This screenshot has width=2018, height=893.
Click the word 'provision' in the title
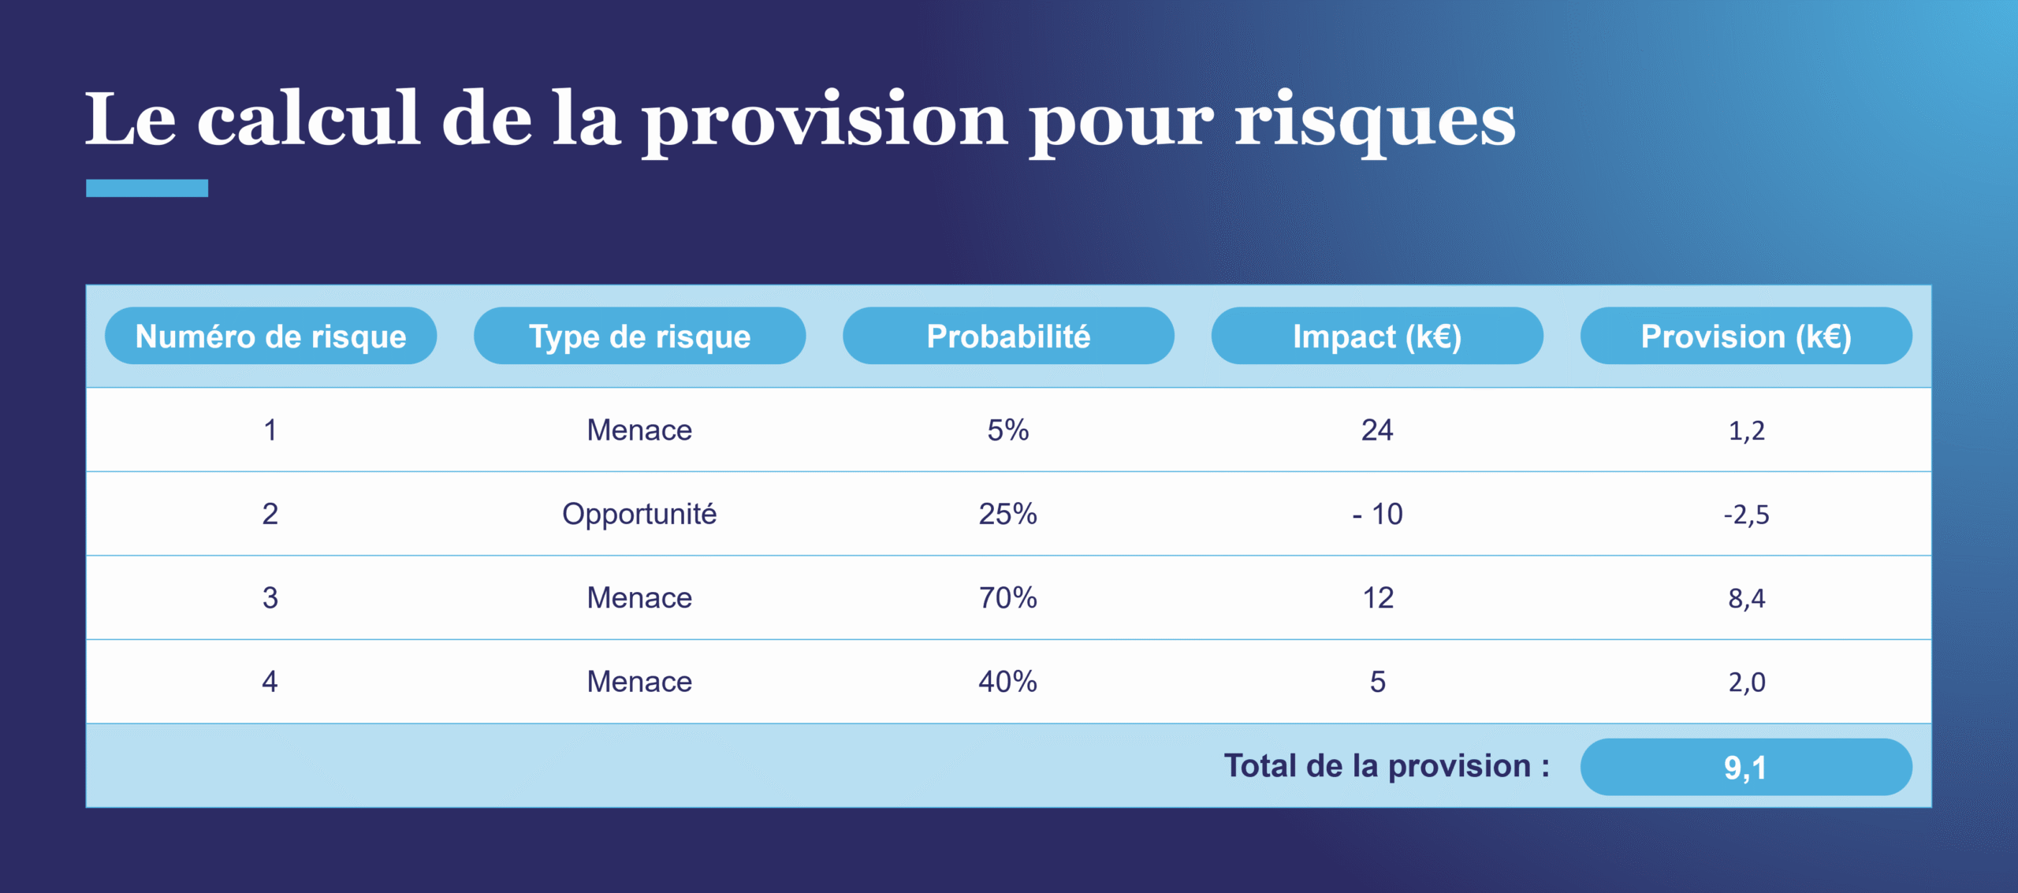point(825,120)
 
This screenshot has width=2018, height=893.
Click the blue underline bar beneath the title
point(147,188)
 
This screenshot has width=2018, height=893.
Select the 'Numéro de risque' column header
point(270,337)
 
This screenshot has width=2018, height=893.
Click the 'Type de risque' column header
point(639,337)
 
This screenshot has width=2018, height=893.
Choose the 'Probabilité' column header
point(1008,337)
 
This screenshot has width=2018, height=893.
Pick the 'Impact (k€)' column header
point(1377,337)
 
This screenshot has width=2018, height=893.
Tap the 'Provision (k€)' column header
point(1746,337)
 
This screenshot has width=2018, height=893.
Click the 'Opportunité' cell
point(639,514)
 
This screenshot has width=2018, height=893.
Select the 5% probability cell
point(1008,430)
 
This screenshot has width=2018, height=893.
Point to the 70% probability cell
point(1008,598)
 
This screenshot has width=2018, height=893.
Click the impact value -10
point(1377,514)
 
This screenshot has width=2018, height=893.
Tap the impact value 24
point(1377,430)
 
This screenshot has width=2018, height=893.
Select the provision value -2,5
point(1746,515)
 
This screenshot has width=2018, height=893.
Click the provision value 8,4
point(1746,598)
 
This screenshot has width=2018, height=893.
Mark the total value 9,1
point(1746,767)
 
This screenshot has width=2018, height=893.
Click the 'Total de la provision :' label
point(1387,766)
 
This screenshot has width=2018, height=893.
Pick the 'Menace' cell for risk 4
point(639,682)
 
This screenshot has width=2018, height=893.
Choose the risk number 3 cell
point(270,598)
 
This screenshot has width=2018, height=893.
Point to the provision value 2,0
point(1746,682)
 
